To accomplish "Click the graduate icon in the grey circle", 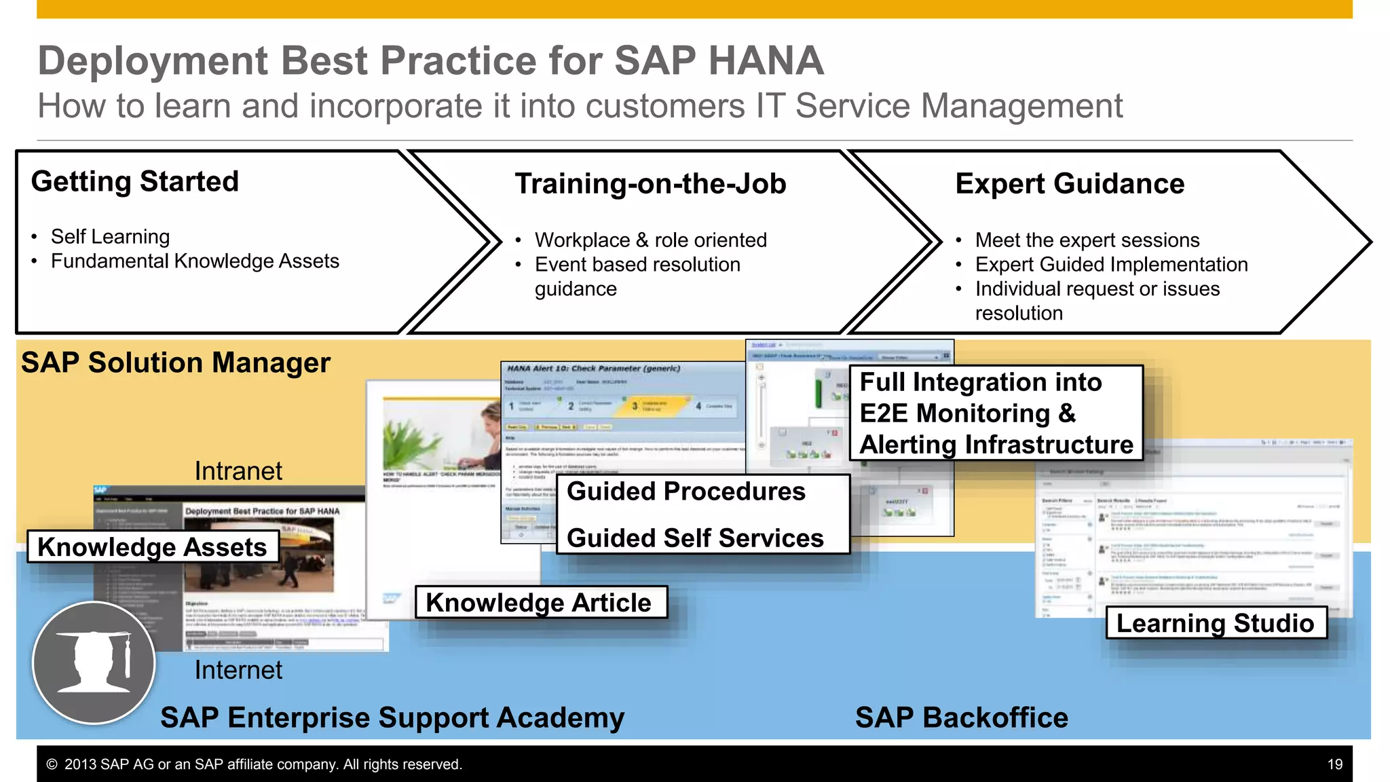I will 94,663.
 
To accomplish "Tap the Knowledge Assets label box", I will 152,547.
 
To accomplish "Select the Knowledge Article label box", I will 540,603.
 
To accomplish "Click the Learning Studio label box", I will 1216,623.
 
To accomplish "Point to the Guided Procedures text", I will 685,491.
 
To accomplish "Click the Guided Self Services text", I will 695,538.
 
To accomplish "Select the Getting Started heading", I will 135,182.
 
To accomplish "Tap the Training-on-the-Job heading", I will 650,184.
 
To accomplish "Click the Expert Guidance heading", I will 1070,184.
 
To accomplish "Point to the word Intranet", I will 238,471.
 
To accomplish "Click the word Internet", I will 238,671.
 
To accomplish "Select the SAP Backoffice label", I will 961,718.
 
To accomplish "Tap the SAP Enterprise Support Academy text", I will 392,718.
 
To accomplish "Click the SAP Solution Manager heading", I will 175,363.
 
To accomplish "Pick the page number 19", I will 1334,764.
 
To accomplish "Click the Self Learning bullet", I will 110,237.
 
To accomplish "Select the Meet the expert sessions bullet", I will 1087,240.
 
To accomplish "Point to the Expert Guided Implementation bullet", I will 1111,265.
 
